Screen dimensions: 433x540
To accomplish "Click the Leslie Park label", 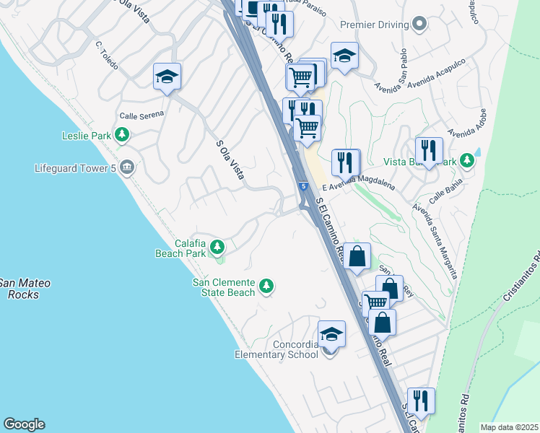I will pyautogui.click(x=86, y=135).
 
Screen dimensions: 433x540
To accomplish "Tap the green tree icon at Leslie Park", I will pyautogui.click(x=123, y=134).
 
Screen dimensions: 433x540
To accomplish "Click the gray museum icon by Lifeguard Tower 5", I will pyautogui.click(x=127, y=168).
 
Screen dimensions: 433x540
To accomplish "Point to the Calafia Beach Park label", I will pyautogui.click(x=180, y=248).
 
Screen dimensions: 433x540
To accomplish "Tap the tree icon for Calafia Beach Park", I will pyautogui.click(x=217, y=248).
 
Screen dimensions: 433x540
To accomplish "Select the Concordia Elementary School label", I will pyautogui.click(x=276, y=349).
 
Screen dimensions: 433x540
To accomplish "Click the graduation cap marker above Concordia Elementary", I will pyautogui.click(x=331, y=335).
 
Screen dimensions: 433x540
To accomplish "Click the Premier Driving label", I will pyautogui.click(x=375, y=25).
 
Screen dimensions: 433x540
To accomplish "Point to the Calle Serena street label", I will pyautogui.click(x=141, y=113).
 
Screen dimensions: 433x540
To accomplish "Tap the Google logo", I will pyautogui.click(x=24, y=424).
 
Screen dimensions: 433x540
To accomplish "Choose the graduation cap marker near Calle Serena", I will pyautogui.click(x=167, y=76).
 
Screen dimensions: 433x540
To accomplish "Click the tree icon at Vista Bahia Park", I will pyautogui.click(x=468, y=161).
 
